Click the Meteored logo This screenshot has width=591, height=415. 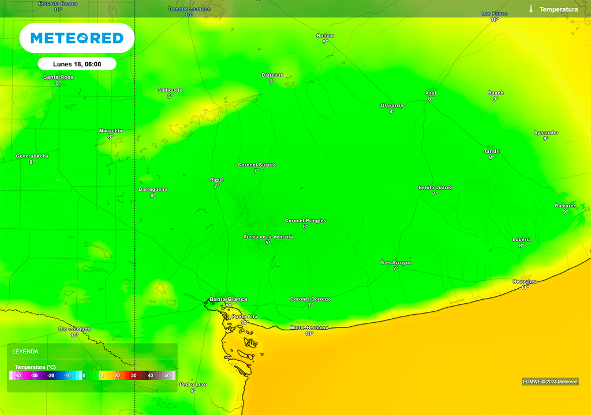coord(77,38)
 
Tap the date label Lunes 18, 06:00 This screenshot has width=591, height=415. coord(77,64)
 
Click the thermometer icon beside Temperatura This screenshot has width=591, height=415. coord(530,9)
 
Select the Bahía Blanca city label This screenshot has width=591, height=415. coord(229,299)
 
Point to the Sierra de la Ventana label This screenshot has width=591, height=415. coord(268,237)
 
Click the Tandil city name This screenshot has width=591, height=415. coord(492,151)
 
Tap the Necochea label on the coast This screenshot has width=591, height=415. coord(525,281)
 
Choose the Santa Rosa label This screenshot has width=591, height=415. coord(58,77)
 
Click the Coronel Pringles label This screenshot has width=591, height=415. coord(305,221)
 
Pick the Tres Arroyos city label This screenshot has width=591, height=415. coord(396,263)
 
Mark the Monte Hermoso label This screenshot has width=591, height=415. coord(309,327)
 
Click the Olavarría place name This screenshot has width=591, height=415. coord(392,105)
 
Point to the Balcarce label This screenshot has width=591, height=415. coord(566,206)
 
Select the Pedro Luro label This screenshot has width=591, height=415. coord(193,384)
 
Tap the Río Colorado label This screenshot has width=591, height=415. coord(74,329)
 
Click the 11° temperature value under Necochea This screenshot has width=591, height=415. coord(525,287)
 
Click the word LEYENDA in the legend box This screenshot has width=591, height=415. coord(26,351)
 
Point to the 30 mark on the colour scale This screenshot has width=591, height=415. coord(133,376)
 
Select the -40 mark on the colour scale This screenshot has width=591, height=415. coord(17,376)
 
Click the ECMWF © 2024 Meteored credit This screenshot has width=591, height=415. coord(549,382)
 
